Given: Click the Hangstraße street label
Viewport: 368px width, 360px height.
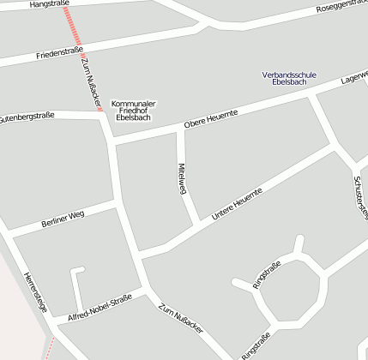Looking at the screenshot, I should coord(49,3).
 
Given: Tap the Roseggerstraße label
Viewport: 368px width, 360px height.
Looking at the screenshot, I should coord(341,7).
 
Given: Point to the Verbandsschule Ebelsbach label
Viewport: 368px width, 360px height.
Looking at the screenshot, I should coord(289,79).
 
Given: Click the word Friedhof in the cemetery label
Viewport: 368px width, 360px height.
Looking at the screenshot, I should coord(133,109).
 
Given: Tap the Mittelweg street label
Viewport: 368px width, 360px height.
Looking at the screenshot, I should coord(182,178).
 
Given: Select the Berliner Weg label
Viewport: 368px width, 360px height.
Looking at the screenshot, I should coord(63,219).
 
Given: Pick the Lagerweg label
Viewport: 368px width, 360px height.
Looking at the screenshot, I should coord(353,77).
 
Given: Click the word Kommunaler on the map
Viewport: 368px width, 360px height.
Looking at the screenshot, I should coord(133,100).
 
